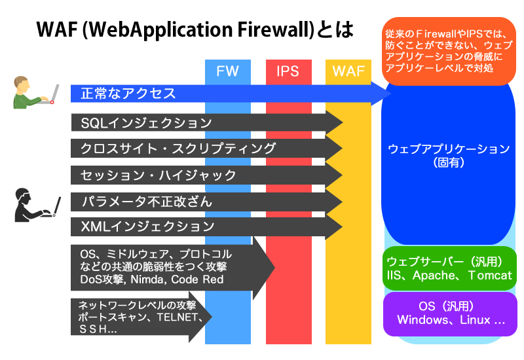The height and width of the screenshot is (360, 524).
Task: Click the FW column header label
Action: coord(227,71)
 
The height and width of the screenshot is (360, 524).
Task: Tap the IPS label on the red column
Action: coord(288,71)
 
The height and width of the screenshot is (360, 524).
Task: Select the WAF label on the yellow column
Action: coord(348,71)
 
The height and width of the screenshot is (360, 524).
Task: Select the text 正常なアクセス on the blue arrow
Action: coord(128,94)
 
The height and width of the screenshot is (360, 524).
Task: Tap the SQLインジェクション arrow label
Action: coord(146,123)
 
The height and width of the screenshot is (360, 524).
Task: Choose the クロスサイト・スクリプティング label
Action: coord(178,149)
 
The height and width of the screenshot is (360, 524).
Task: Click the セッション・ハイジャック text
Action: coord(159,175)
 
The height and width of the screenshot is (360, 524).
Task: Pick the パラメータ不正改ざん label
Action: coord(147,202)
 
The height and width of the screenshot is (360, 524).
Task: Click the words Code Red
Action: coord(197,279)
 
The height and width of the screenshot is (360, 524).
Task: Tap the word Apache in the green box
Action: coord(434,276)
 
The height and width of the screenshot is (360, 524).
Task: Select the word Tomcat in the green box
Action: coord(490,275)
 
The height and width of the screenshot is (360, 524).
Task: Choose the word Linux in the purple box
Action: coord(475,319)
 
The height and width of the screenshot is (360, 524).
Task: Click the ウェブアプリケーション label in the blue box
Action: coord(449,149)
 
